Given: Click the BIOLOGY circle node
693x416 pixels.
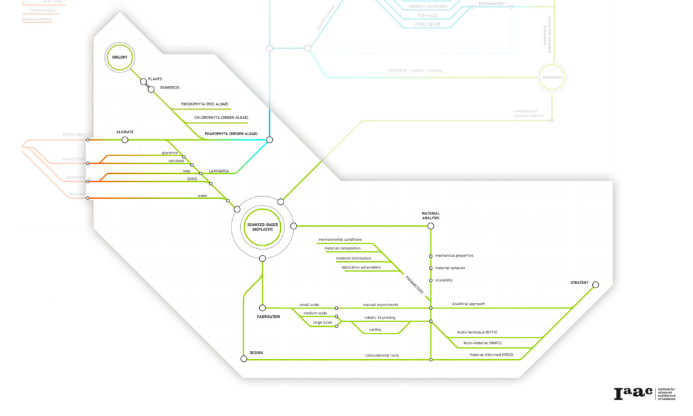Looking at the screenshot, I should pos(120,57).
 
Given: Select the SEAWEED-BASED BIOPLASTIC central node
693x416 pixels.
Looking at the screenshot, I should pos(262,227).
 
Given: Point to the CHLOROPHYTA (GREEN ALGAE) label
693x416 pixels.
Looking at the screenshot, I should pos(221,118).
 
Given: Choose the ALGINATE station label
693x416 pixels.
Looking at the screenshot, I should pos(125,131).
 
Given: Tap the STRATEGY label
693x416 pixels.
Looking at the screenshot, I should pos(579,283).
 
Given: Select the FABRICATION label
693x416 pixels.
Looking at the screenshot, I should pos(269,317).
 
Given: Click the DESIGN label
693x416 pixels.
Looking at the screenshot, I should pos(256,353).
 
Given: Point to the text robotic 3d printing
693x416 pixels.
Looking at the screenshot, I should pos(380,317).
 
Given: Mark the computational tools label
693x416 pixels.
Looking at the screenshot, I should pos(382,355).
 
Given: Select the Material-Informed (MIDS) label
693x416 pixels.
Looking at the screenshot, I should pos(491,354).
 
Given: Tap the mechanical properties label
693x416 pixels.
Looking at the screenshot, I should pos(454,256).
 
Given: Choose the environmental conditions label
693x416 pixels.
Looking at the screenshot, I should pos(340,239).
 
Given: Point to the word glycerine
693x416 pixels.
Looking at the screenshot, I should pos(169,153).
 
